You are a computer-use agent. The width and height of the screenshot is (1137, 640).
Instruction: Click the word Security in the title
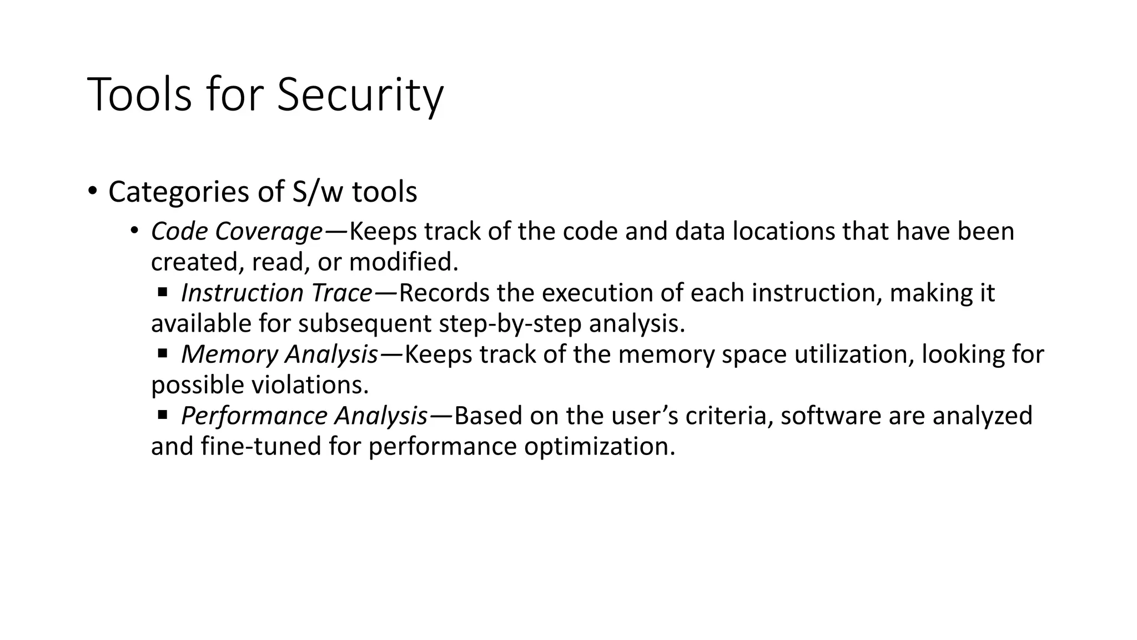360,95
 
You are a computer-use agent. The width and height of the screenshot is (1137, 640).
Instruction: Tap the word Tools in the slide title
139,95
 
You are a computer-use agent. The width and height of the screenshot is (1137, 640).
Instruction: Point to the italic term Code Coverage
237,231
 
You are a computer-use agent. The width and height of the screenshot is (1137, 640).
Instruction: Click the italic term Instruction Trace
276,293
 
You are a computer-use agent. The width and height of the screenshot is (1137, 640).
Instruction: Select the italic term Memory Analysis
280,354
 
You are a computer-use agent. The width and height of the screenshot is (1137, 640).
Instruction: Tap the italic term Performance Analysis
304,416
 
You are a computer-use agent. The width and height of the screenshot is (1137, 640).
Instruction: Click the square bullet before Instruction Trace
162,291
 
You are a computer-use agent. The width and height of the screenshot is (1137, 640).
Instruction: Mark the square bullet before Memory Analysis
162,353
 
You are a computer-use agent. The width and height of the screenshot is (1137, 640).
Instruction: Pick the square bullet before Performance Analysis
162,414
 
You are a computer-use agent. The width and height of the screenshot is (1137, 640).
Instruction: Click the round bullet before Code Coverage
134,230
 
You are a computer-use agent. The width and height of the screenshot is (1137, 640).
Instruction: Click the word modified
403,262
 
